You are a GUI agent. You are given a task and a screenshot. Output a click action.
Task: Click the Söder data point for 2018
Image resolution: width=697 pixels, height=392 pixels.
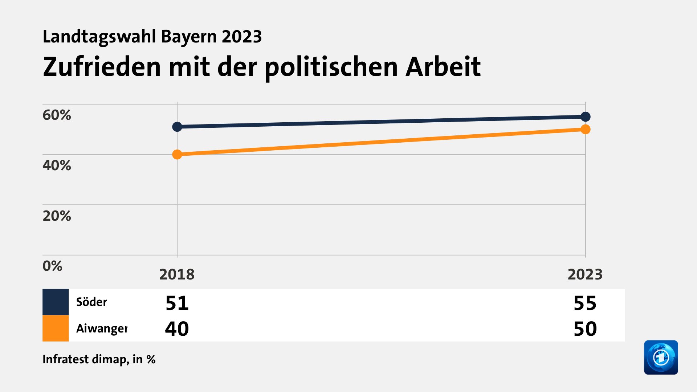pos(177,127)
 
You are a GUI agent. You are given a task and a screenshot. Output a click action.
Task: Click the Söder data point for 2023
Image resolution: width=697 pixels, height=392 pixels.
pos(585,117)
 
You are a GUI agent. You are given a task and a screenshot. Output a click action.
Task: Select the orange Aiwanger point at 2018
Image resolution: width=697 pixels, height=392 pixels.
pos(177,154)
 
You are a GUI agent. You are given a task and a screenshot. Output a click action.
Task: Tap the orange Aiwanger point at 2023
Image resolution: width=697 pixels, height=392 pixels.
pos(585,129)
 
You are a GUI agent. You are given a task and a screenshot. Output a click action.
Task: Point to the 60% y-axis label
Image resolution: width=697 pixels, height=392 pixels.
pos(57,115)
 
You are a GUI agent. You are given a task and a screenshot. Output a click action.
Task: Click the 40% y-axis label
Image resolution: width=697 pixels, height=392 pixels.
pos(57,166)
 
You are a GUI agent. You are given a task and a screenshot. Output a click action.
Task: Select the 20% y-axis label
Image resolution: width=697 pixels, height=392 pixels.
pos(57,216)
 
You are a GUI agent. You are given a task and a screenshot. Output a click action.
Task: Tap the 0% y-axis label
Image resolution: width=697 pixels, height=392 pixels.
pos(52,266)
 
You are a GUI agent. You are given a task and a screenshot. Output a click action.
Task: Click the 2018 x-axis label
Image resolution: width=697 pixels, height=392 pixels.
pos(177,274)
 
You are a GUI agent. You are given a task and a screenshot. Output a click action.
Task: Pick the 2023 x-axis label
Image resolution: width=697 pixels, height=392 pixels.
pos(585,274)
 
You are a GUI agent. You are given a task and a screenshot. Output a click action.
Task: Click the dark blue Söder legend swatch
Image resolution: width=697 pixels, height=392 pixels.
pos(56,302)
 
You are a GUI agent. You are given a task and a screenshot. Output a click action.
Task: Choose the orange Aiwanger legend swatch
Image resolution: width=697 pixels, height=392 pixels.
pos(56,328)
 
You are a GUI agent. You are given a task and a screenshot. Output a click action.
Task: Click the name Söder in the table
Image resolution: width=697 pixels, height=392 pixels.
pos(91,302)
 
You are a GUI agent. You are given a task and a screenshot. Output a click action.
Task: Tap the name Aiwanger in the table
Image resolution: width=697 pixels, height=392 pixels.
pos(102,328)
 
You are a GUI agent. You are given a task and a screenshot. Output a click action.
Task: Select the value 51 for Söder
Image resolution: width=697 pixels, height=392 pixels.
pos(177,303)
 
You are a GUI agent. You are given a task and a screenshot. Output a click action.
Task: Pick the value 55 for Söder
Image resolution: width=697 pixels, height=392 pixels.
pos(585,303)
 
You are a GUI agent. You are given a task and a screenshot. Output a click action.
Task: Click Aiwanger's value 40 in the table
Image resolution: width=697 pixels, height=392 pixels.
pos(177,329)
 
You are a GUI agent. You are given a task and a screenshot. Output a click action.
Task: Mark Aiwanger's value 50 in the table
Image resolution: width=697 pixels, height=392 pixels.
pos(585,329)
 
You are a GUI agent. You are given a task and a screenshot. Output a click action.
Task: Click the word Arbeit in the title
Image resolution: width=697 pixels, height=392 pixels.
pos(443,67)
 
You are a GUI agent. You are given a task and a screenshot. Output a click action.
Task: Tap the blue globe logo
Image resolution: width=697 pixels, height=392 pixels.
pos(661,358)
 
